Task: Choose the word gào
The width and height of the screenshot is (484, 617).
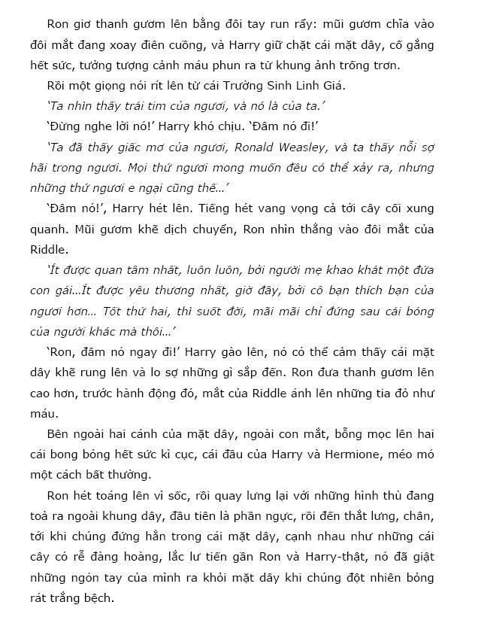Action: [x=221, y=351]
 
